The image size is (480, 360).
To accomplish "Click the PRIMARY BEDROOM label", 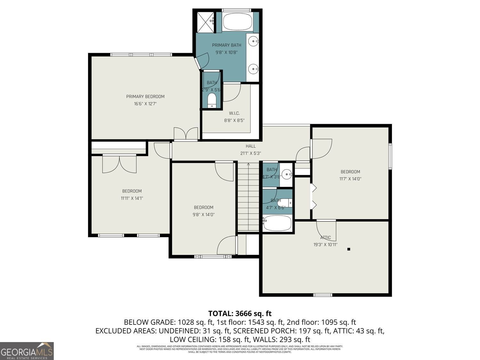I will [x=145, y=97].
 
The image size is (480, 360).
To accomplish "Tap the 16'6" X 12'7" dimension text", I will [x=145, y=104].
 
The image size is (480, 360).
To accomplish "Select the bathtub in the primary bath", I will [x=237, y=22].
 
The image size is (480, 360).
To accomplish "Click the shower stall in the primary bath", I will [x=205, y=22].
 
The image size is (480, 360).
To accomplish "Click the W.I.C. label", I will [x=234, y=113].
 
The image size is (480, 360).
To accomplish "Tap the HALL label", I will [x=251, y=146].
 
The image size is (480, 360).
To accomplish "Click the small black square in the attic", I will [x=349, y=249].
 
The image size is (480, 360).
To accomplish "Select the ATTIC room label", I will [x=325, y=238].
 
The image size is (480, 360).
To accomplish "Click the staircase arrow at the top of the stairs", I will [x=248, y=165].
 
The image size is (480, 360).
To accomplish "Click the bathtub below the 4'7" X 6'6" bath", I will [x=277, y=223].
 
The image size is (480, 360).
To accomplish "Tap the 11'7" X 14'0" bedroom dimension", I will [x=350, y=179].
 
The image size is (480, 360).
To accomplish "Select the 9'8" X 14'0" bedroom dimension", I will [x=204, y=215].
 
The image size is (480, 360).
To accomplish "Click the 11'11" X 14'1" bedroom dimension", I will [x=132, y=198].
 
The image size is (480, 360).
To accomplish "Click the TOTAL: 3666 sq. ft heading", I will [x=240, y=313].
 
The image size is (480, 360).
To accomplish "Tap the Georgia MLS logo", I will [x=27, y=351].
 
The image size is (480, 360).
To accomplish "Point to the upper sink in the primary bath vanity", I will [x=254, y=41].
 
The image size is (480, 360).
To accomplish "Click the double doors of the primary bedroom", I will [x=186, y=134].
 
